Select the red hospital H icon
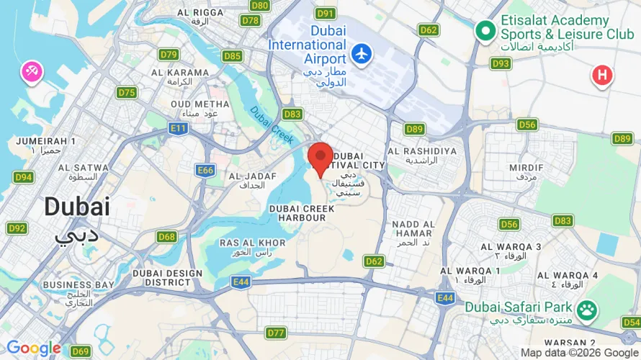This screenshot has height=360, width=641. click(602, 74)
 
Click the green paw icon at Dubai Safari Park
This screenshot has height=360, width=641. click(588, 308)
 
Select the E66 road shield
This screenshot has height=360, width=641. click(206, 170)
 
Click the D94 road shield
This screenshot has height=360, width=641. click(23, 177)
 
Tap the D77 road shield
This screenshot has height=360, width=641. click(276, 333)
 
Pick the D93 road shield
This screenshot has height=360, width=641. click(501, 64)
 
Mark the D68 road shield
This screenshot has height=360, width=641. click(167, 237)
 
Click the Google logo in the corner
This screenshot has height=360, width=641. click(33, 349)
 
